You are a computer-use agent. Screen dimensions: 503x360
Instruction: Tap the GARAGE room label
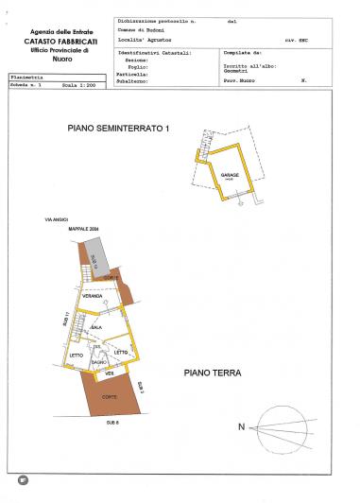(229, 176)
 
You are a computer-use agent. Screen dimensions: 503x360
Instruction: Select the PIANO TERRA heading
(213, 373)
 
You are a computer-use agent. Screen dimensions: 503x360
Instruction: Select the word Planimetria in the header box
(26, 75)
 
